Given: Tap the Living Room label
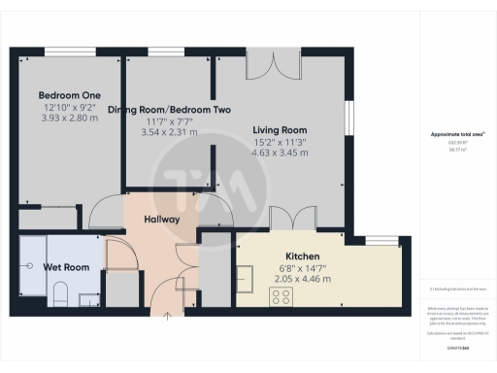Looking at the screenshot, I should point(280,130).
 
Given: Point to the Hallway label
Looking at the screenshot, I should point(161,220).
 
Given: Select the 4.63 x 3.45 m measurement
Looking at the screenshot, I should point(280,153).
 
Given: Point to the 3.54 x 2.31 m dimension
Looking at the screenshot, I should point(170,132).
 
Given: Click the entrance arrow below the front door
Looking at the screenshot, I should point(167,314).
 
